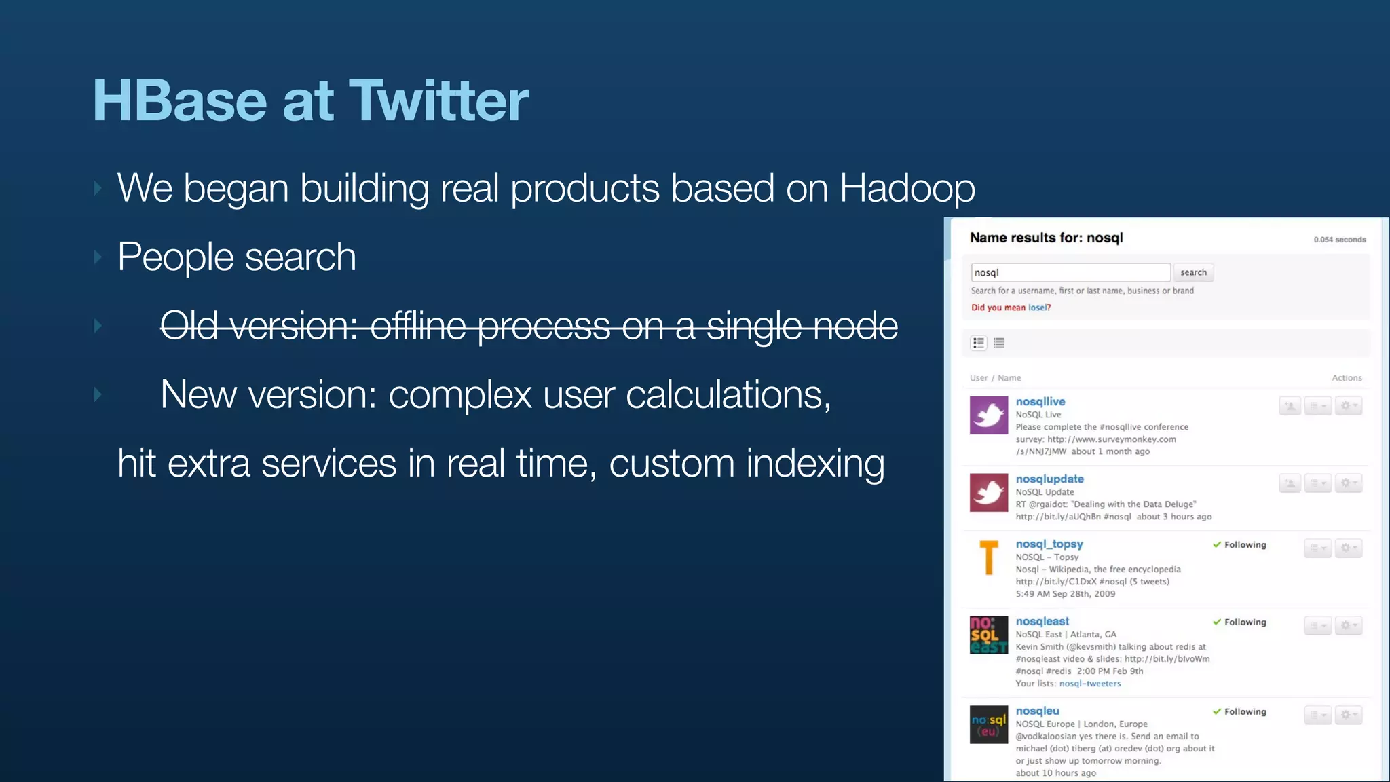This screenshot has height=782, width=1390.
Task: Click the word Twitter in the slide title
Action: coord(438,100)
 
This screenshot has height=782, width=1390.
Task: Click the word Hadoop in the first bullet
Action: coord(907,188)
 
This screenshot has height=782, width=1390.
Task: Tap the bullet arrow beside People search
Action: coord(98,257)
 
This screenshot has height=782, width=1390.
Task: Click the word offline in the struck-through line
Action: coord(418,326)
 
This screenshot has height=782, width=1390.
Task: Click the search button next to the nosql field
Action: coord(1193,272)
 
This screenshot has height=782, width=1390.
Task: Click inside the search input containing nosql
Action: coord(1070,272)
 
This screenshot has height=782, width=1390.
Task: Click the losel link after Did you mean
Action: coord(1038,308)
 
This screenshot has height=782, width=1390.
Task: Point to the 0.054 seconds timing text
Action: coord(1339,240)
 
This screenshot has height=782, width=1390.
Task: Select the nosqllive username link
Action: coord(1040,401)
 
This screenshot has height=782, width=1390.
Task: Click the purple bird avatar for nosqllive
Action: coord(988,415)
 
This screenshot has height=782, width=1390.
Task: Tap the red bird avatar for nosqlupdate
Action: coord(988,492)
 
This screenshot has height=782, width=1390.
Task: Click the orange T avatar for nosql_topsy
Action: coord(988,557)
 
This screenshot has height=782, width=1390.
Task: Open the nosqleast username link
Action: coord(1042,621)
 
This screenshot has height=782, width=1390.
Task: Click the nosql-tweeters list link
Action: coord(1089,684)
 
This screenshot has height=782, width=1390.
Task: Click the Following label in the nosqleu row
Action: coord(1245,711)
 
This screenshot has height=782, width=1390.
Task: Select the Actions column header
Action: coord(1347,378)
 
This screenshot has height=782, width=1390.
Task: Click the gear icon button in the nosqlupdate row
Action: coord(1348,483)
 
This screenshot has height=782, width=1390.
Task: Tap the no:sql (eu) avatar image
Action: coord(988,724)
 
